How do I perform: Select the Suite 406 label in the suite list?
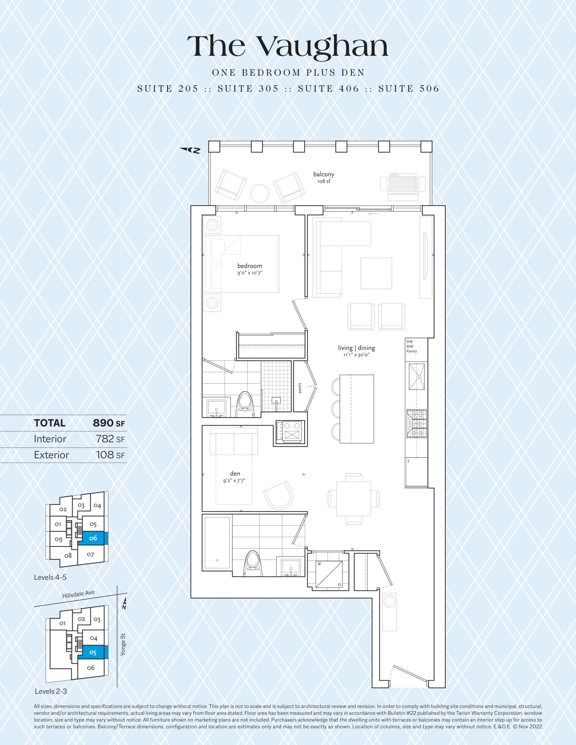(x=328, y=89)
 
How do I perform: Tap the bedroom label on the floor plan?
(x=250, y=266)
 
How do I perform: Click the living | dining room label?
(x=356, y=348)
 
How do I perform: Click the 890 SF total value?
(x=109, y=423)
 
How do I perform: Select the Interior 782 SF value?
(x=110, y=439)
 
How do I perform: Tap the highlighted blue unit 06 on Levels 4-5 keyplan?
(x=93, y=538)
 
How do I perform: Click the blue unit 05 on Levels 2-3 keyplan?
(x=93, y=652)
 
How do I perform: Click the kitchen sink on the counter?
(x=416, y=377)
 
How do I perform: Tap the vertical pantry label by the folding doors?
(x=300, y=388)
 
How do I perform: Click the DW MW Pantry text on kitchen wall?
(x=411, y=346)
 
